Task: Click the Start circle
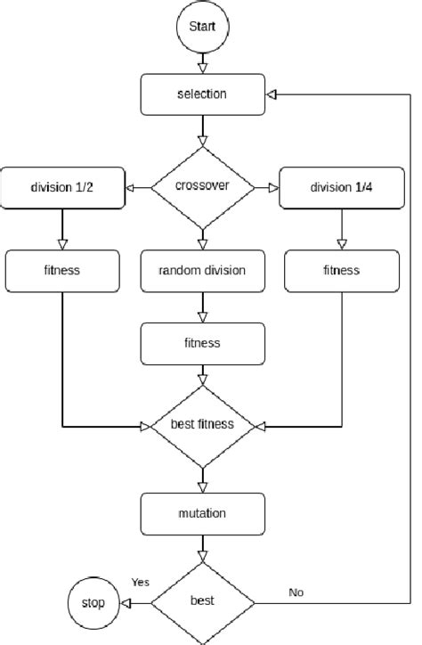point(202,27)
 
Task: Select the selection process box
point(202,94)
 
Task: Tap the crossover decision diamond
point(202,188)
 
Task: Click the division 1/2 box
point(61,188)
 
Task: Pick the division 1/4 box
point(342,188)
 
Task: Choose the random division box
point(202,271)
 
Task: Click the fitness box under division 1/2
point(61,271)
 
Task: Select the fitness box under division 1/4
point(342,271)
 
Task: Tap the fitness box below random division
point(202,342)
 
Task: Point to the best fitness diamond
point(202,425)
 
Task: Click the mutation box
point(202,513)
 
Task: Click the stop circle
point(93,603)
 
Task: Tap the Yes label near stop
point(140,582)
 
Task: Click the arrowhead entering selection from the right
point(272,94)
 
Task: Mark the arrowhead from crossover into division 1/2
point(130,188)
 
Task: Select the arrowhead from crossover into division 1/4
point(273,188)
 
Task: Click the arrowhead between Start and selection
point(202,65)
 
